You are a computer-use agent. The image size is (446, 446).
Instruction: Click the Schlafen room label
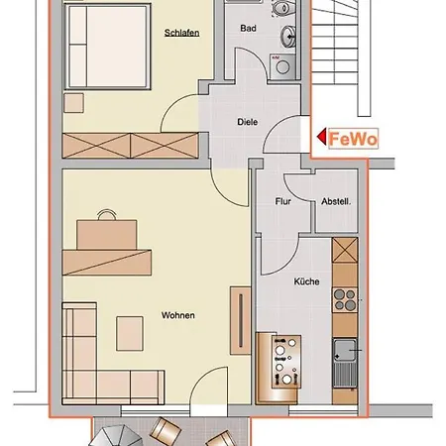coord(181,33)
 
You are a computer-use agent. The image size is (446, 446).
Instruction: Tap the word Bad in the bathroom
coord(248,29)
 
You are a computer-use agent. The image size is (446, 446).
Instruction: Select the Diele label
coord(248,122)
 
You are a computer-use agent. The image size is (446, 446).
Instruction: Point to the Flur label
coord(283,201)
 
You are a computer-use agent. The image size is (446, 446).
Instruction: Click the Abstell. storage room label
coord(336,201)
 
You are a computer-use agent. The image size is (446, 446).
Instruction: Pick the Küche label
coord(306,281)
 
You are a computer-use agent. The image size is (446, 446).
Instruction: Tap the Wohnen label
coord(178,315)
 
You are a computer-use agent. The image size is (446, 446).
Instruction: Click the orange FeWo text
coord(353,139)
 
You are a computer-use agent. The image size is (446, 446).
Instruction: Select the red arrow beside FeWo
coord(321,137)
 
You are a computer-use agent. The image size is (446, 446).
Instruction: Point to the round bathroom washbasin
coord(287,35)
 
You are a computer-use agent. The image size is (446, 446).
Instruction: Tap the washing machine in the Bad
coord(282,67)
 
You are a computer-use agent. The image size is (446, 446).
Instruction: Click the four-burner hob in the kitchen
coord(345,299)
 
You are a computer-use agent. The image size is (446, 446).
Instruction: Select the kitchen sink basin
coord(345,350)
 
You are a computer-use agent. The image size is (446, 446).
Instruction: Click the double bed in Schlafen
coord(108,47)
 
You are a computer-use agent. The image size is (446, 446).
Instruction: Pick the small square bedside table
coord(73,103)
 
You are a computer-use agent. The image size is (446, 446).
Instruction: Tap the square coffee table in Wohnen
coord(130,333)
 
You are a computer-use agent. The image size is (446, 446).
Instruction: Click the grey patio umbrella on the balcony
coord(116,436)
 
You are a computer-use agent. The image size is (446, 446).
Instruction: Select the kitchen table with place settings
coord(286,362)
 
